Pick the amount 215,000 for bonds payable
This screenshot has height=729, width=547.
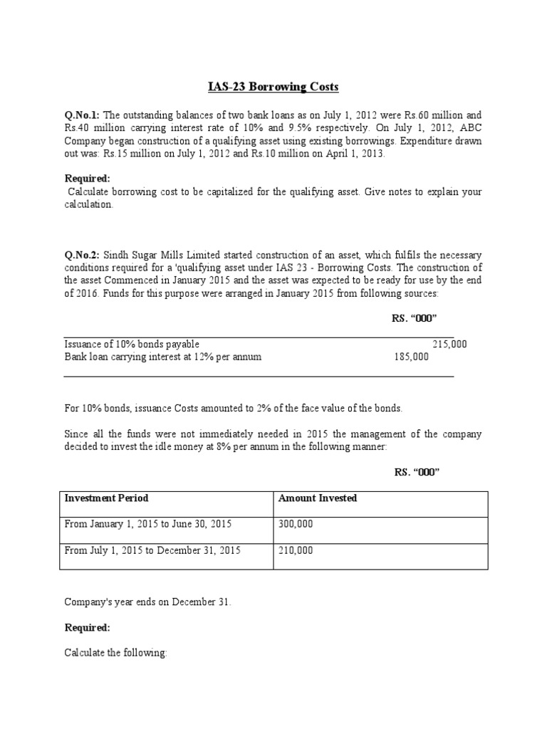pos(449,344)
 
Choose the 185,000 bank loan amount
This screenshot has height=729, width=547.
pos(411,357)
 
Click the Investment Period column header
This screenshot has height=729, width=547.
pos(106,498)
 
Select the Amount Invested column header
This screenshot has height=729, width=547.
pos(318,498)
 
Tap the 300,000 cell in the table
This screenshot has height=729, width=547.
pos(296,524)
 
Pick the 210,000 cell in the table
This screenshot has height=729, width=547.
pos(296,550)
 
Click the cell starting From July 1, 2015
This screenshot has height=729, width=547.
pos(152,550)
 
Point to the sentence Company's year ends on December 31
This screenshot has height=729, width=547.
pos(147,602)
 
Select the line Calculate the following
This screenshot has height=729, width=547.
pos(115,653)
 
